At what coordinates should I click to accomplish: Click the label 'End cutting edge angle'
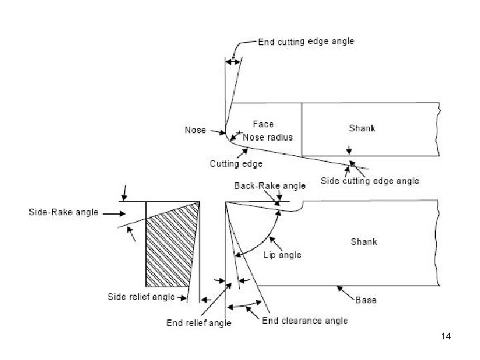(306, 41)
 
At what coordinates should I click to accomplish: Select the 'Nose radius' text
(267, 137)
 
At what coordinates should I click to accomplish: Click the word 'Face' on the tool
(263, 125)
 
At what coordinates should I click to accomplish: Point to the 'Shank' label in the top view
(362, 127)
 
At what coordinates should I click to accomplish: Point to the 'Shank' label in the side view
(364, 241)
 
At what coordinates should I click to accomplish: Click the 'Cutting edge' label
(236, 163)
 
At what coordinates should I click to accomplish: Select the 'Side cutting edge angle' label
(370, 181)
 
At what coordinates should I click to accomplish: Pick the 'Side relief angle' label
(141, 296)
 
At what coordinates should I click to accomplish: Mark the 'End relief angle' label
(199, 323)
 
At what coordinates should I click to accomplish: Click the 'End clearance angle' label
(305, 321)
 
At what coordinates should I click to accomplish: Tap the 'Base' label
(365, 300)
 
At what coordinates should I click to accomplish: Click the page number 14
(446, 336)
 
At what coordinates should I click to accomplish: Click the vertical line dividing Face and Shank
(302, 129)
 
